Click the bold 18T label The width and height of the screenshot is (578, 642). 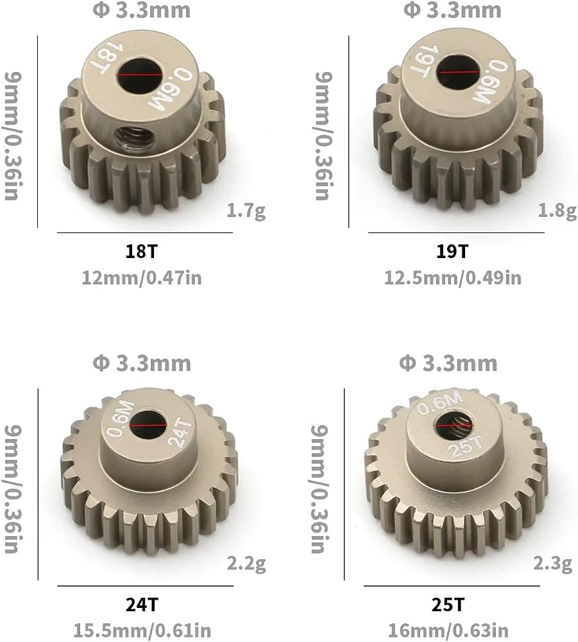141,251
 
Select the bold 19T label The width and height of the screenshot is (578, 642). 452,251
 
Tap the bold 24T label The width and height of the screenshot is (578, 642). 142,604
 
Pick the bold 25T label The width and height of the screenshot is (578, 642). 448,604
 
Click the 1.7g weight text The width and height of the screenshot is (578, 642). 246,211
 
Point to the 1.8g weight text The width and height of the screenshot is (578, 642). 557,211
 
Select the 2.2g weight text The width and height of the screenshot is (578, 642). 246,564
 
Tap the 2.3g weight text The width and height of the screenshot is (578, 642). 552,564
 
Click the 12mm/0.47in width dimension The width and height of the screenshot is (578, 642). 142,278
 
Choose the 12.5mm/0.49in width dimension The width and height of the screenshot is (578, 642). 453,278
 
